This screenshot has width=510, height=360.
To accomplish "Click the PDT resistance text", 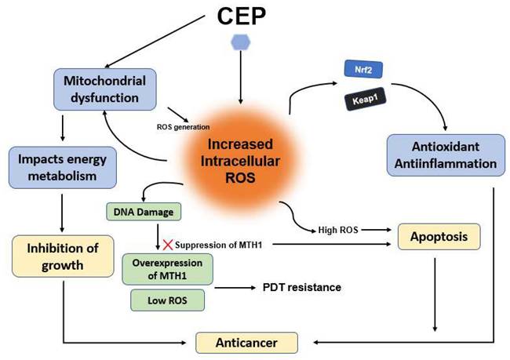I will [x=302, y=287].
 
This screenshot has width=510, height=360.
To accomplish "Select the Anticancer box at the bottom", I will [x=248, y=342].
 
